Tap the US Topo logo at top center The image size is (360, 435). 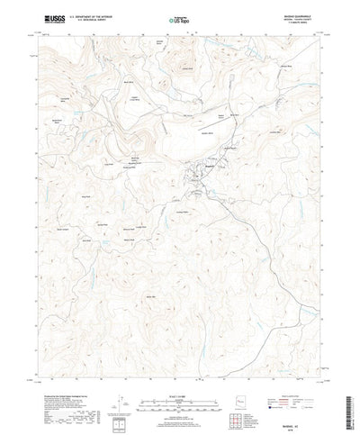tap(180, 19)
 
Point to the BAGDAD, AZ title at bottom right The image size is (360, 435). tap(298, 414)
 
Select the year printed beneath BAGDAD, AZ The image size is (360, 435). tap(298, 421)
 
